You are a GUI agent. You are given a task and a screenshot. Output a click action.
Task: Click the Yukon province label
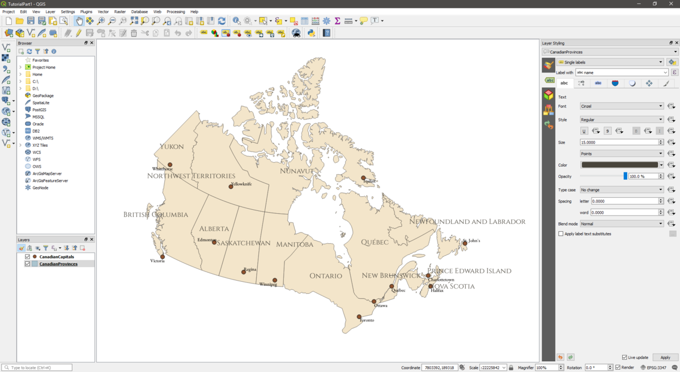click(x=172, y=146)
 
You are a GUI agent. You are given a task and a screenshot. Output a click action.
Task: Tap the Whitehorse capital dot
click(x=170, y=164)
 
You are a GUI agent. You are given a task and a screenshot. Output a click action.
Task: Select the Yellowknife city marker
click(x=231, y=187)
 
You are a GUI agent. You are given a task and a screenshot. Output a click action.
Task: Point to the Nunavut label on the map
click(x=296, y=171)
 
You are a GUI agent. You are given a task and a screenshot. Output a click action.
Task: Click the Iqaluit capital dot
click(x=364, y=178)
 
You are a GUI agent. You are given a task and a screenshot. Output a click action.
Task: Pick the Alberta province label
click(x=214, y=229)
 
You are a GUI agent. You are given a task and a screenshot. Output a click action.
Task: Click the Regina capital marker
click(x=244, y=272)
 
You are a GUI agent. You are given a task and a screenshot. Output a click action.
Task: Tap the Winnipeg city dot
click(x=275, y=280)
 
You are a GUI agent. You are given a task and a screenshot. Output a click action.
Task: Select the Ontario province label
click(x=326, y=276)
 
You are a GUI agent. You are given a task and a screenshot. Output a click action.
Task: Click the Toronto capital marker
click(x=359, y=317)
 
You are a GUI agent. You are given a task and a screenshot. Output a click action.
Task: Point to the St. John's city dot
click(x=465, y=243)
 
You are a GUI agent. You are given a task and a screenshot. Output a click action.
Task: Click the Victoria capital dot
click(x=163, y=257)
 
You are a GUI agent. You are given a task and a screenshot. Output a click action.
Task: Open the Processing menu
click(x=176, y=11)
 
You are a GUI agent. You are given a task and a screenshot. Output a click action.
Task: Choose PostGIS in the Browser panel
click(x=39, y=110)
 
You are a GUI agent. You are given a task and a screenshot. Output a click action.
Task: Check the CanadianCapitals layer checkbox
click(x=27, y=257)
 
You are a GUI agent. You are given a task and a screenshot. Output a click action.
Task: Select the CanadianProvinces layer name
click(x=58, y=264)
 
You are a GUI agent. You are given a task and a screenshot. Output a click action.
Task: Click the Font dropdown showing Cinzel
click(x=621, y=106)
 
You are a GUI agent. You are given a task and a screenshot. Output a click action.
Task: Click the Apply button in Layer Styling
click(x=665, y=357)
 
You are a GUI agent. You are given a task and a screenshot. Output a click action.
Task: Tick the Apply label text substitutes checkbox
click(x=561, y=234)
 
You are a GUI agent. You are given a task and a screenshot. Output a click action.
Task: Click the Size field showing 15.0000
click(x=619, y=142)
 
